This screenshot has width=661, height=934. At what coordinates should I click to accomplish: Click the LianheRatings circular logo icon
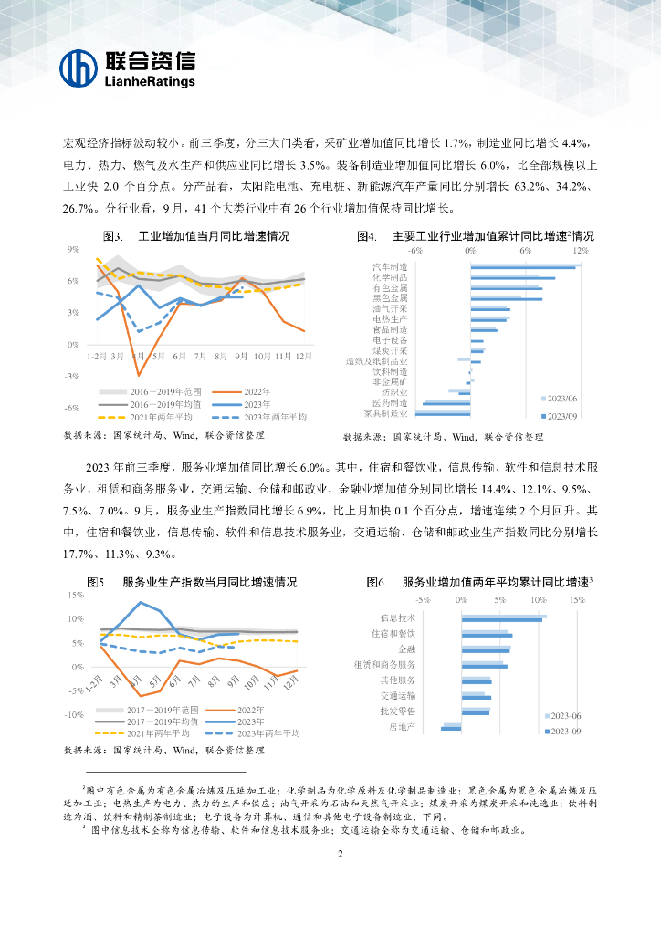[79, 68]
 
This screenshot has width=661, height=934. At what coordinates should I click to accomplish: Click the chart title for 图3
[195, 236]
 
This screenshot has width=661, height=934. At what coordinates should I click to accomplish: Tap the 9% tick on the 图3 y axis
[73, 249]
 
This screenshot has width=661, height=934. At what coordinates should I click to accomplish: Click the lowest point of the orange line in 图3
[139, 375]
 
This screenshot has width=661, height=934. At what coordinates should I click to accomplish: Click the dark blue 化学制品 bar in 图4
[512, 278]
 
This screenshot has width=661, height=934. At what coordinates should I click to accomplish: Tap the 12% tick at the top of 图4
[579, 248]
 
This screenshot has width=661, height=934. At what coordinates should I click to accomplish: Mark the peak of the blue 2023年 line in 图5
[140, 602]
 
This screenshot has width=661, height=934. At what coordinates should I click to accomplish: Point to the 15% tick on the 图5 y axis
[76, 595]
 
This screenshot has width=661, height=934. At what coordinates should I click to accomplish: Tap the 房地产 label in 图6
[403, 727]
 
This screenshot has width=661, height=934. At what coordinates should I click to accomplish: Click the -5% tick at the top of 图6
[423, 600]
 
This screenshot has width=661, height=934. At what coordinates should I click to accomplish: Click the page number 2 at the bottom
[340, 854]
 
